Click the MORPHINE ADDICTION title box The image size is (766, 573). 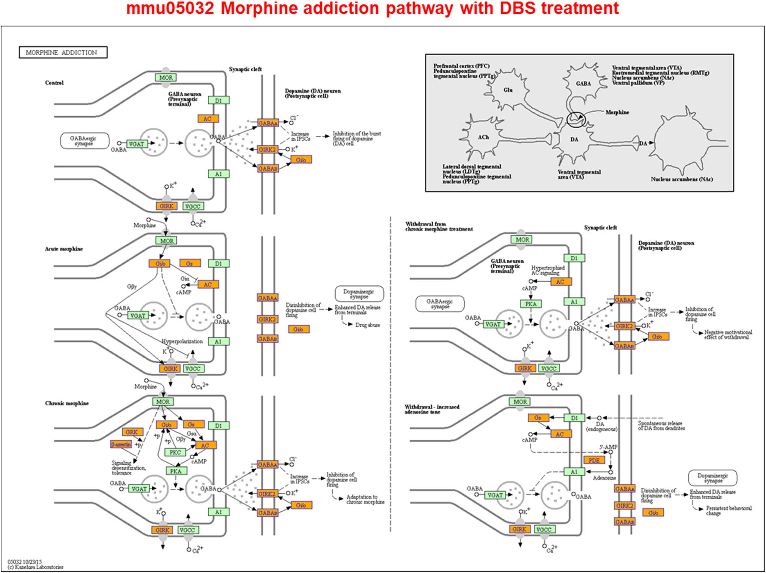pos(63,52)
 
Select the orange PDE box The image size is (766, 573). pos(594,460)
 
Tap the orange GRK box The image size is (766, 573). pos(132,432)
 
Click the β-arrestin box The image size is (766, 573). pos(121,444)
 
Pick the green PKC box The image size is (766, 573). pos(175,452)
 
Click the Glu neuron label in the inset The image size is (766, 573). pos(508,90)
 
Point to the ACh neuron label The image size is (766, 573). pos(483,137)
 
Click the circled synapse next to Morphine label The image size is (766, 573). pos(576,119)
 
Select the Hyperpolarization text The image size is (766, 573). pos(182,341)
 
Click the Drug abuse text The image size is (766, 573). pos(367,325)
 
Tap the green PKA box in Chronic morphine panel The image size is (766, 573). pos(176,471)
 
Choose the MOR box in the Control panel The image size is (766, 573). pos(166,77)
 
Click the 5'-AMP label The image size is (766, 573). pos(608,447)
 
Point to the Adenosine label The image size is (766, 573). pos(604,478)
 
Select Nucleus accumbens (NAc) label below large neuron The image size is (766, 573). pos(681,179)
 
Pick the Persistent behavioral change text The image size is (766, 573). pos(728,511)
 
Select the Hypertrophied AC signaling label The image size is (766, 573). pos(547,270)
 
